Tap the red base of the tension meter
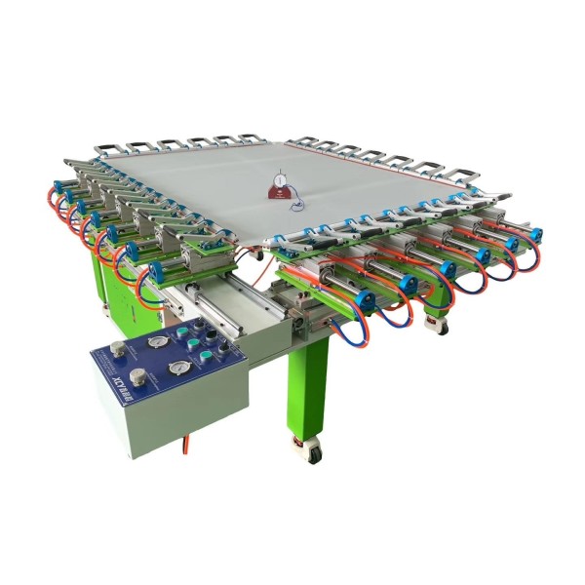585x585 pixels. [x=284, y=196]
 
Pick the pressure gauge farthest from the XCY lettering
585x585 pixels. [x=153, y=342]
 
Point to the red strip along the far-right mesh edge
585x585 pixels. [x=409, y=162]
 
